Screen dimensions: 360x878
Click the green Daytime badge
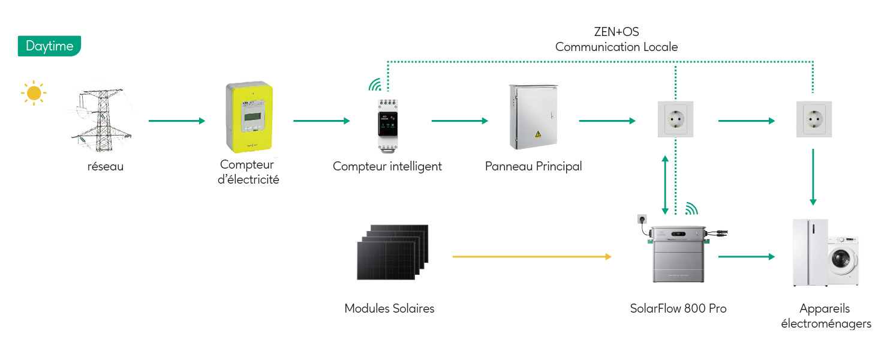coord(49,46)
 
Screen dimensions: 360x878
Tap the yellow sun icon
coord(34,93)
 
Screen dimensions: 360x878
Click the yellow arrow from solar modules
coord(531,257)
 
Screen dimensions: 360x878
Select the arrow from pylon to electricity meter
coord(176,121)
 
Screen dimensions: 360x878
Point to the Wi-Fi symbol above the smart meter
coord(375,85)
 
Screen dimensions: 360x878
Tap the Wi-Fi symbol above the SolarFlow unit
coord(691,208)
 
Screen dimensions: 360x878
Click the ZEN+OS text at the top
coord(616,32)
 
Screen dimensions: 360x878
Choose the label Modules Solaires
coord(389,308)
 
